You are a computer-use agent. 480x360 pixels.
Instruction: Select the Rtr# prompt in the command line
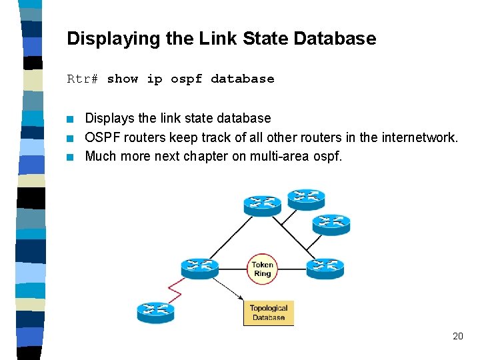[x=82, y=79]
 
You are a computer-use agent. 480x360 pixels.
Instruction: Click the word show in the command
[x=122, y=79]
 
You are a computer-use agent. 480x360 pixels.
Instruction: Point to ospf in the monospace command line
[x=186, y=79]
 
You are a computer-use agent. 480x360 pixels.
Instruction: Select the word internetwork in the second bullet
[x=419, y=138]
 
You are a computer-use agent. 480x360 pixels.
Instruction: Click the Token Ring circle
[x=262, y=268]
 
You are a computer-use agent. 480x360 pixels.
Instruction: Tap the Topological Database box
[x=269, y=313]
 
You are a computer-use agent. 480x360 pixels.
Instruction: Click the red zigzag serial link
[x=175, y=289]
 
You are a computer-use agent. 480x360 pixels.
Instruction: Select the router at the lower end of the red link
[x=155, y=311]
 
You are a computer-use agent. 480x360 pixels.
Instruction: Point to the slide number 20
[x=457, y=336]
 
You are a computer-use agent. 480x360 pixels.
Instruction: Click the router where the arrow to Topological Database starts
[x=199, y=268]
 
